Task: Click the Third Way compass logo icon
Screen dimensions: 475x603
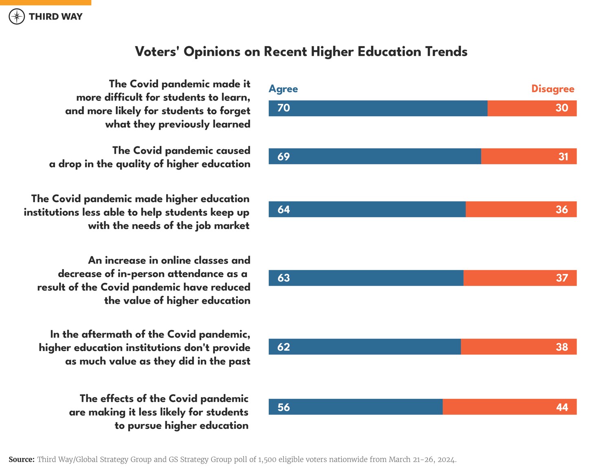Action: pyautogui.click(x=17, y=17)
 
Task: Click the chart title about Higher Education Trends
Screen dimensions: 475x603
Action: pyautogui.click(x=301, y=52)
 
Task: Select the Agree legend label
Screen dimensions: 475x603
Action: pyautogui.click(x=283, y=89)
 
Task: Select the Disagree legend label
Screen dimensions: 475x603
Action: pyautogui.click(x=552, y=89)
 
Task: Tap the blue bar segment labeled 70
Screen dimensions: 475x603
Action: pyautogui.click(x=378, y=108)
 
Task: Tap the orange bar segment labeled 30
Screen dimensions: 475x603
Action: pyautogui.click(x=532, y=108)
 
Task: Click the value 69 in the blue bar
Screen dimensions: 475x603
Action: pyautogui.click(x=284, y=157)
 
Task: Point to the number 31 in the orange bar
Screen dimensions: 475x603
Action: pyautogui.click(x=563, y=157)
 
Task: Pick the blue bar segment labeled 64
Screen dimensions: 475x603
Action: pyautogui.click(x=367, y=210)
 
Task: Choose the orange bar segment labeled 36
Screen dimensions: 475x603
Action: pyautogui.click(x=521, y=210)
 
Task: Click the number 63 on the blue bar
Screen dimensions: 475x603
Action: pyautogui.click(x=284, y=278)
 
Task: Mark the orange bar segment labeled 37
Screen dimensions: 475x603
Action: pyautogui.click(x=519, y=278)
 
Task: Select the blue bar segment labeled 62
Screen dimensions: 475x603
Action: pyautogui.click(x=365, y=347)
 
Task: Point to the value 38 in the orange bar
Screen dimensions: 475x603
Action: pyautogui.click(x=562, y=347)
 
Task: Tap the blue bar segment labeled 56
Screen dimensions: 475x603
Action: pyautogui.click(x=355, y=407)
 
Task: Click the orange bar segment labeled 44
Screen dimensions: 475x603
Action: pyautogui.click(x=509, y=407)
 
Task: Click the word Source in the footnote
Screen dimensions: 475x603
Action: pyautogui.click(x=21, y=460)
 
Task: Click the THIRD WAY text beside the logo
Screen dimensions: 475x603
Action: pyautogui.click(x=55, y=17)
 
